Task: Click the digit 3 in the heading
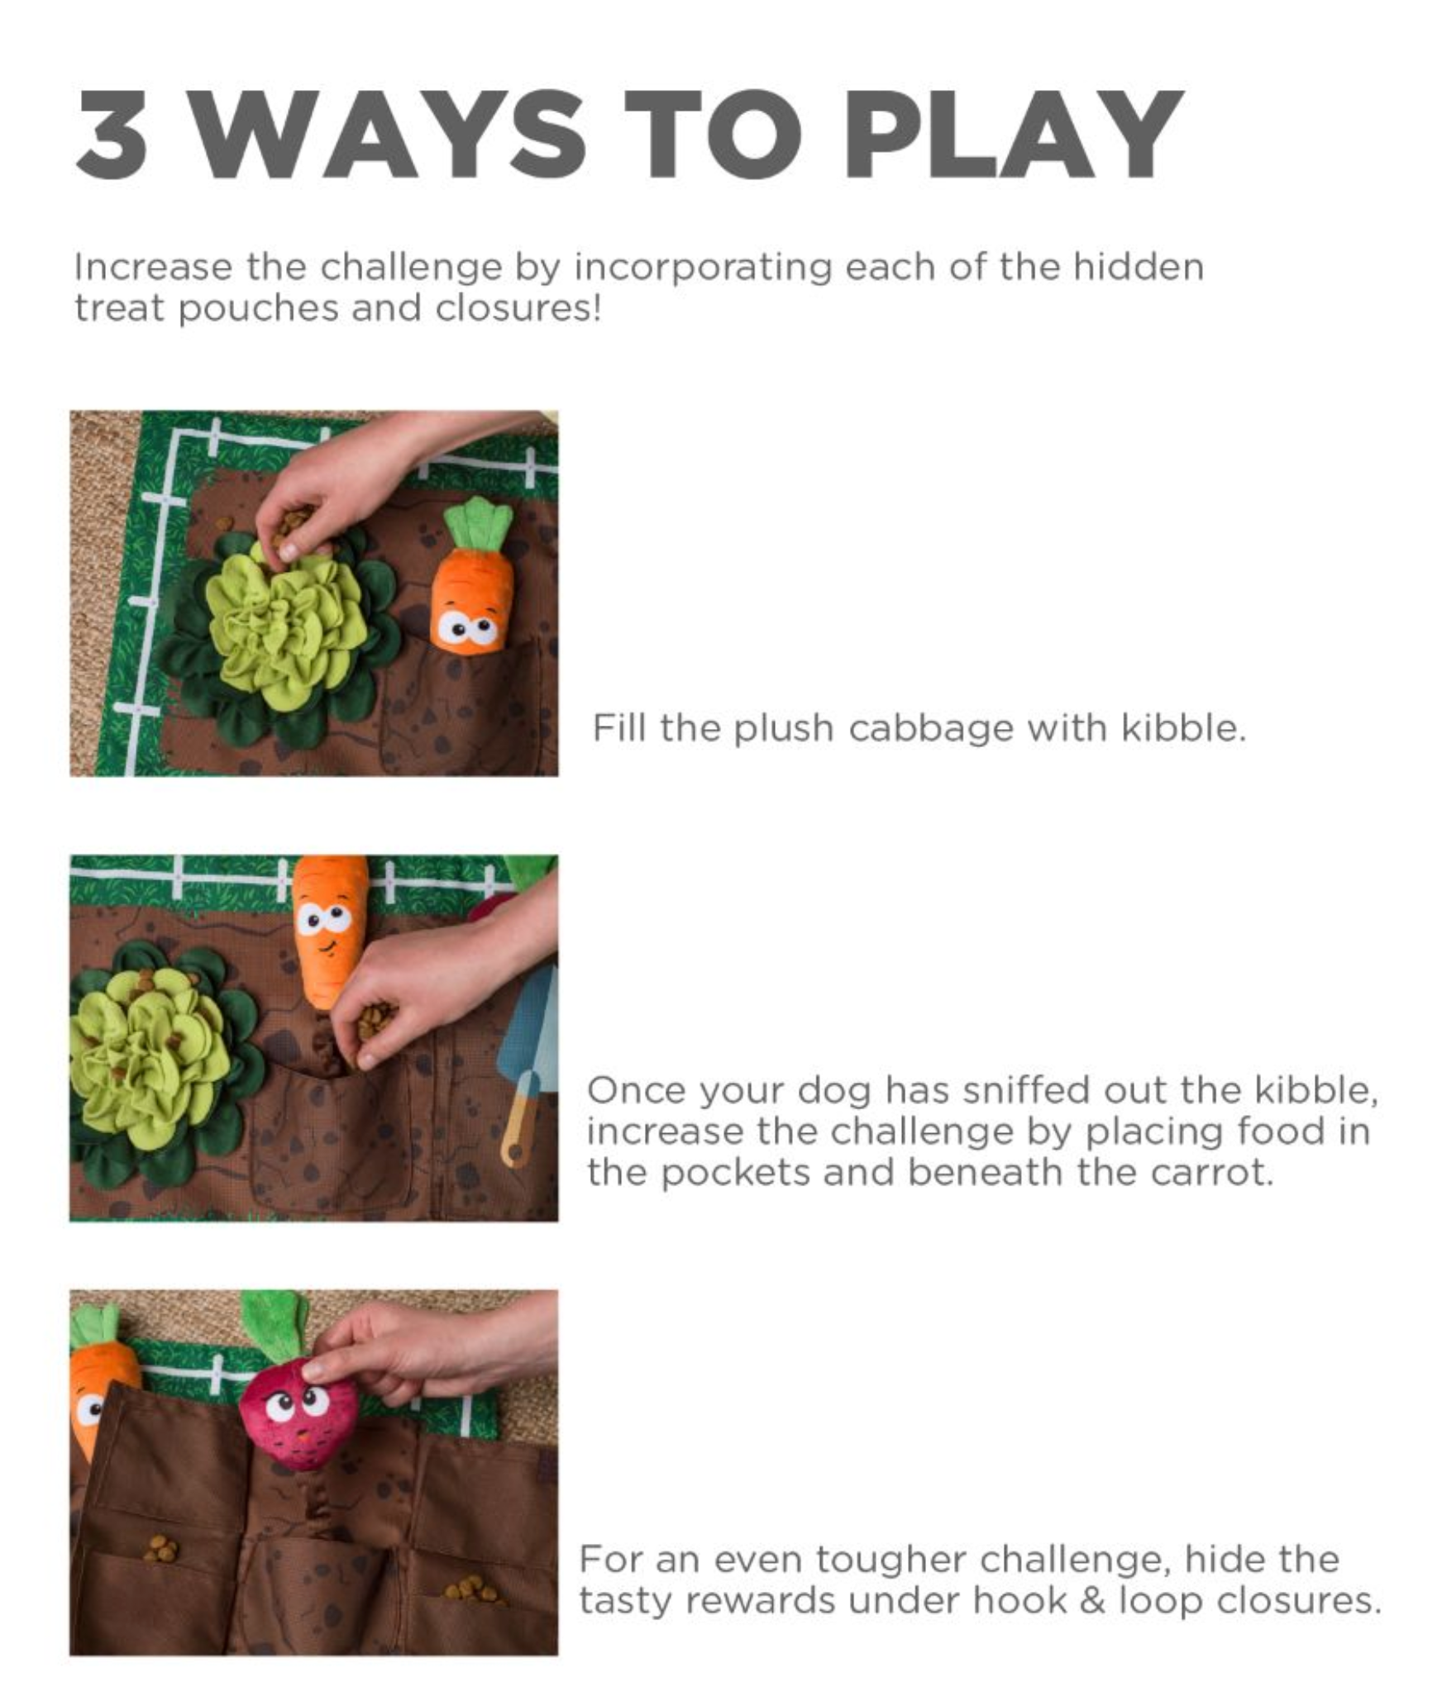pos(112,134)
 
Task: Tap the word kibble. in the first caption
pos(1183,728)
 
